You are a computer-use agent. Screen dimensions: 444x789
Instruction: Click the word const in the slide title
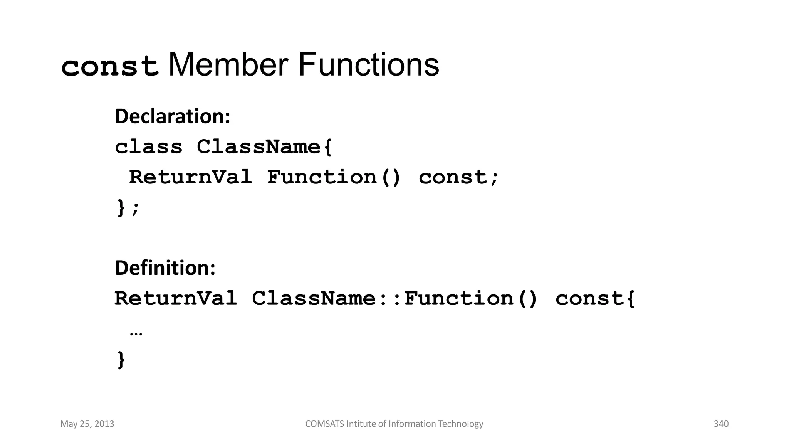pos(110,66)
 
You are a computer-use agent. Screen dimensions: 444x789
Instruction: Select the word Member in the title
pos(228,65)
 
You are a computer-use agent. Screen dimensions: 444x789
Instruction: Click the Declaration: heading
pos(173,116)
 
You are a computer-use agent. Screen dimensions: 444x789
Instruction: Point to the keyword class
pos(149,147)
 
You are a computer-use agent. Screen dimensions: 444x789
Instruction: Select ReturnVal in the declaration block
pos(190,177)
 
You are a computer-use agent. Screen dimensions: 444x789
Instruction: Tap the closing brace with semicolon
pos(128,209)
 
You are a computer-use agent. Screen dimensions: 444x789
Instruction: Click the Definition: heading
pos(165,268)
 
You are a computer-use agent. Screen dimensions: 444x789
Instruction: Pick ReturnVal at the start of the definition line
pos(176,298)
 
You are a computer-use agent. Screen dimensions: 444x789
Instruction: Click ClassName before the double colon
pos(314,298)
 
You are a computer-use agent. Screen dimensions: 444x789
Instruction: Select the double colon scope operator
pos(390,299)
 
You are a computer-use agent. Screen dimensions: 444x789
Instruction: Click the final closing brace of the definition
pos(121,360)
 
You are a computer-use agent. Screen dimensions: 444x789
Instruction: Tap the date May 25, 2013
pos(87,424)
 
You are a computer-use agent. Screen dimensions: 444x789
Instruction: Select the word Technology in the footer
pos(461,424)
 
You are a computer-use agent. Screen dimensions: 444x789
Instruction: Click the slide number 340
pos(721,424)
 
